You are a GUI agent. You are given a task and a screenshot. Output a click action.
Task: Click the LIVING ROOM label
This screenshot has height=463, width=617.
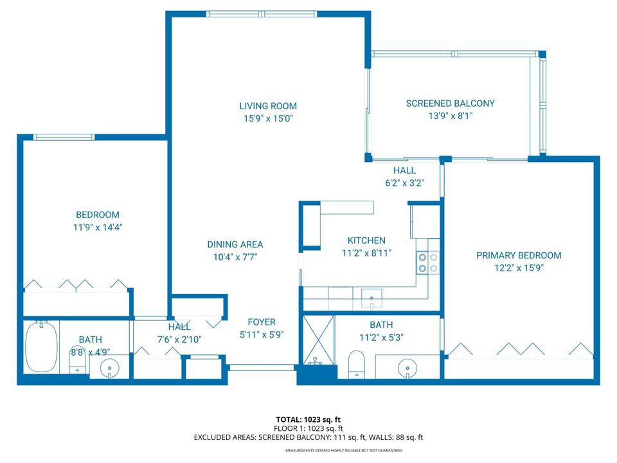(x=268, y=106)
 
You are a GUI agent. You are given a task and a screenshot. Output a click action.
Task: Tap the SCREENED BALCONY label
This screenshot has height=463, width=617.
(x=450, y=104)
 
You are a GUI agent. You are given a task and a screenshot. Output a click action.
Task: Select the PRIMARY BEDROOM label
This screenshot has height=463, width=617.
(x=518, y=255)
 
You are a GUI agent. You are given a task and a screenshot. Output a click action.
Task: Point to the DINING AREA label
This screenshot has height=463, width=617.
(x=235, y=244)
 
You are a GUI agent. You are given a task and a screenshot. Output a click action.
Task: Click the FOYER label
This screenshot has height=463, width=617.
(x=262, y=322)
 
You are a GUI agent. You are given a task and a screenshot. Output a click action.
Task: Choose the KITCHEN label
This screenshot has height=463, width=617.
(x=366, y=241)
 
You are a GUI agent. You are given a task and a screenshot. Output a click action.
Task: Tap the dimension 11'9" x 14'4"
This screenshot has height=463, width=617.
(x=97, y=227)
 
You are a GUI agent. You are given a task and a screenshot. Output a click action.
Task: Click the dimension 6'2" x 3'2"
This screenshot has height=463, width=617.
(x=404, y=183)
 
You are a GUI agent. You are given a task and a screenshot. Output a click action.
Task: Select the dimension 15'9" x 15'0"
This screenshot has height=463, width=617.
(x=268, y=118)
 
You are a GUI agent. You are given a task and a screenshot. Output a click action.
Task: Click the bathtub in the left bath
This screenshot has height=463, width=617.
(x=42, y=347)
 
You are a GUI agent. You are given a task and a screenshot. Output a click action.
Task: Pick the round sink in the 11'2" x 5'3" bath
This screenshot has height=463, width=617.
(x=407, y=369)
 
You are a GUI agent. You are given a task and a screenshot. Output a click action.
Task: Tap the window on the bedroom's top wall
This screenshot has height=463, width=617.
(x=64, y=137)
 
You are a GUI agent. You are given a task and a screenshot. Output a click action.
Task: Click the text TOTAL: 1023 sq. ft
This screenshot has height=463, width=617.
(x=308, y=419)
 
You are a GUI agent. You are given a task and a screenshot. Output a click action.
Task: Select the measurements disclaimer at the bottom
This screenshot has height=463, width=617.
(x=344, y=451)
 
